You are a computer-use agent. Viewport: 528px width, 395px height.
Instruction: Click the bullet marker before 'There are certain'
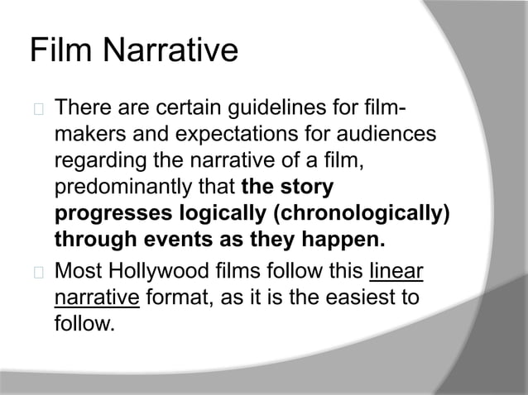point(36,110)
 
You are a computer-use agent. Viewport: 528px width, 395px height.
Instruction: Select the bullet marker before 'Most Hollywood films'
point(36,272)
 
